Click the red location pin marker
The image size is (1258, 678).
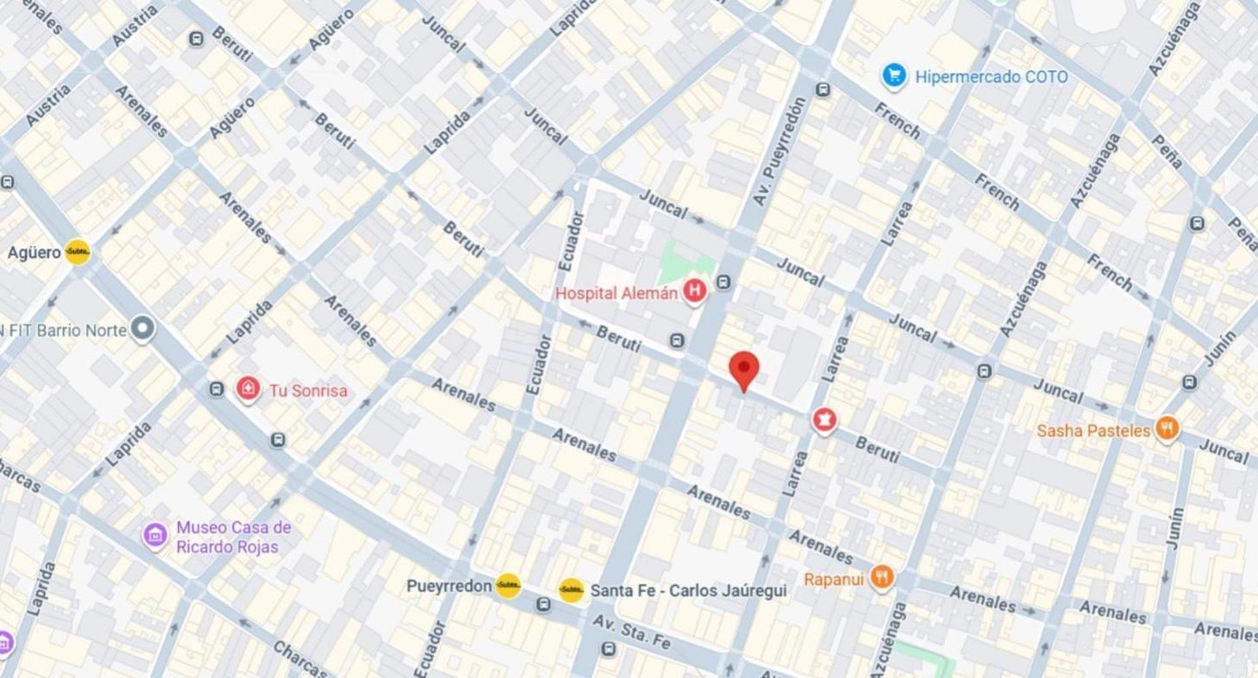pyautogui.click(x=744, y=370)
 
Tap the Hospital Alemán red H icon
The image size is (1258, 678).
pyautogui.click(x=694, y=292)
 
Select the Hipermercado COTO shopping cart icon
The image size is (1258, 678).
pyautogui.click(x=894, y=76)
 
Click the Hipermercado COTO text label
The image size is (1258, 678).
pyautogui.click(x=991, y=77)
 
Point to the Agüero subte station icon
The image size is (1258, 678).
pyautogui.click(x=77, y=252)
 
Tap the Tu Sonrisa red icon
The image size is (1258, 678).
pyautogui.click(x=248, y=389)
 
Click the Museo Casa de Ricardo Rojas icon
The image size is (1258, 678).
pyautogui.click(x=155, y=535)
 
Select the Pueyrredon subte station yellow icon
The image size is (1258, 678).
pyautogui.click(x=508, y=586)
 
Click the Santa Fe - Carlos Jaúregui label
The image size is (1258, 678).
pyautogui.click(x=688, y=590)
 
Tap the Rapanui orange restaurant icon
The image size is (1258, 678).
pyautogui.click(x=881, y=577)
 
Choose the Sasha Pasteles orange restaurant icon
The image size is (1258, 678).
pyautogui.click(x=1167, y=428)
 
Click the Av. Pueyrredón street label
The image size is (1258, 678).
pyautogui.click(x=779, y=152)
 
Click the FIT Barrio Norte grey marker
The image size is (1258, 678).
pyautogui.click(x=142, y=329)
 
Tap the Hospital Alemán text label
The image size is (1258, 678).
pyautogui.click(x=616, y=293)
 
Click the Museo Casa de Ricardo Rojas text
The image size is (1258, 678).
pyautogui.click(x=233, y=536)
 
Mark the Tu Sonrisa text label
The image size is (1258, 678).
pyautogui.click(x=308, y=390)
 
